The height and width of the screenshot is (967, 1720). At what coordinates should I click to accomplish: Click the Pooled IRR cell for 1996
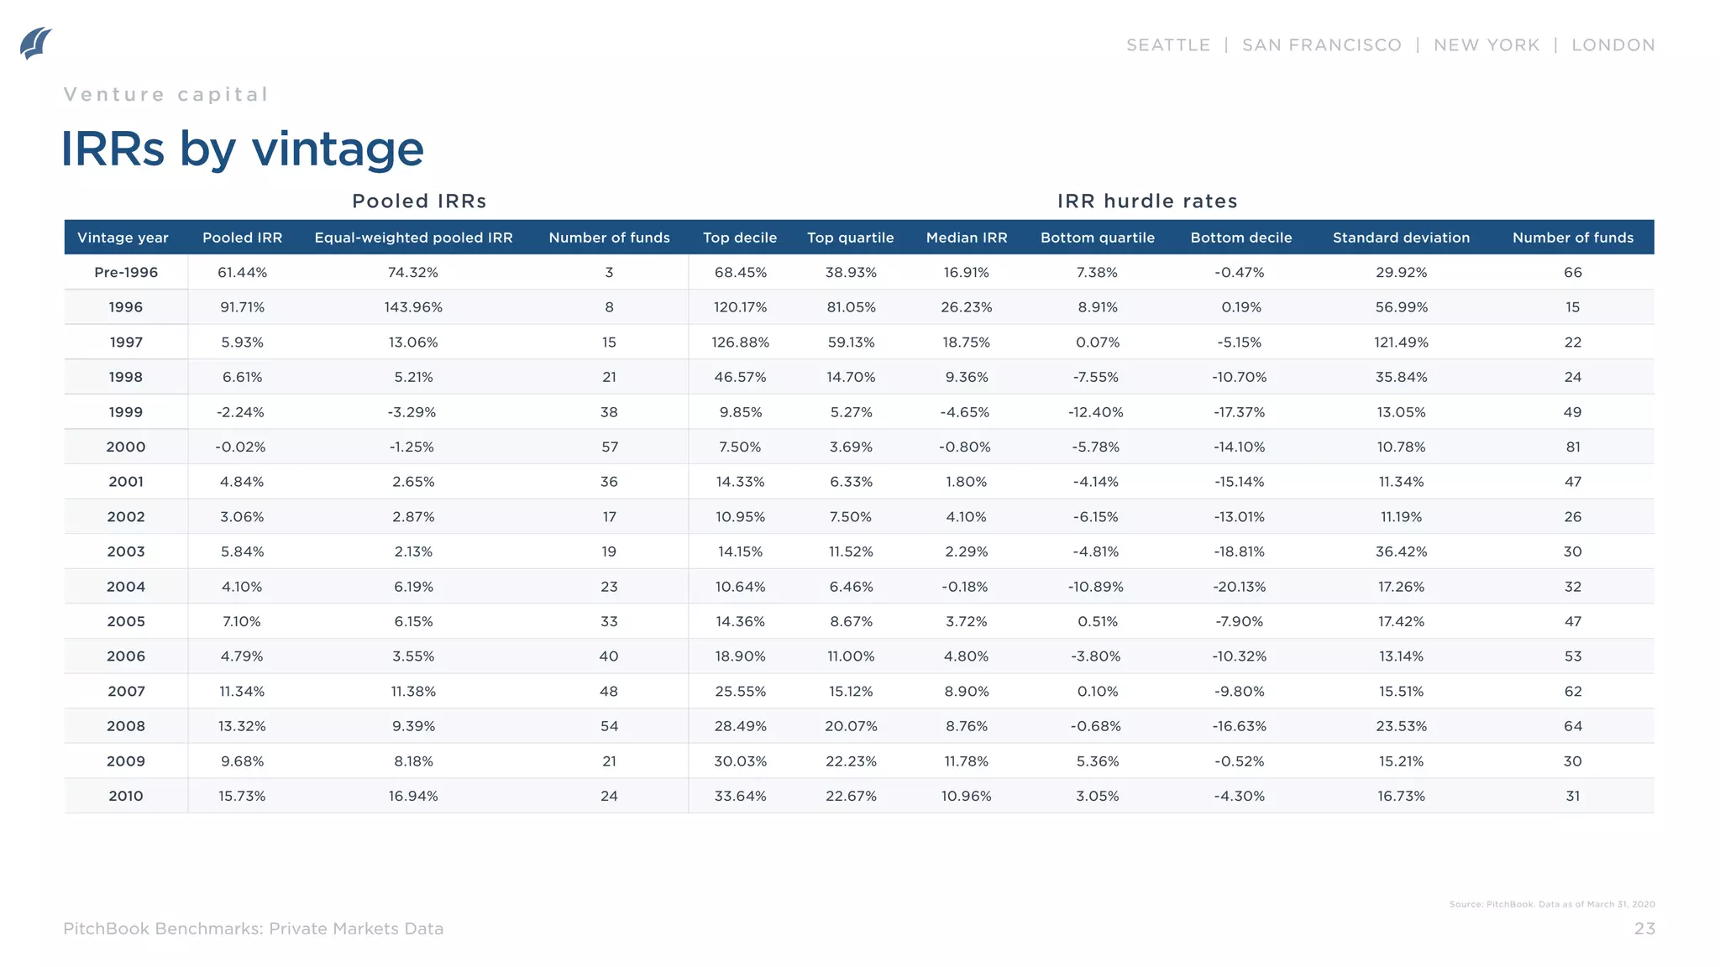coord(242,307)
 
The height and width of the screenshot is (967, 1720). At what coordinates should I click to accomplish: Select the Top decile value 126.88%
coord(740,342)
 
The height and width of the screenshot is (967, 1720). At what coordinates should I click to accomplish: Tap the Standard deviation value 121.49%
coord(1401,342)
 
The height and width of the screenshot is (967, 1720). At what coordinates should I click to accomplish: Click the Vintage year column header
coord(123,238)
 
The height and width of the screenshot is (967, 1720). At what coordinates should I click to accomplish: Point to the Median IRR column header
coord(966,238)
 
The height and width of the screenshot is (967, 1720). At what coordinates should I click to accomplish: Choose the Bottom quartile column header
coord(1097,238)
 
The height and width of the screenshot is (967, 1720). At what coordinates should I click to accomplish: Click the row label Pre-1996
coord(126,272)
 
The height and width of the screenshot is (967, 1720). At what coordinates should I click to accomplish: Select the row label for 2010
coord(126,796)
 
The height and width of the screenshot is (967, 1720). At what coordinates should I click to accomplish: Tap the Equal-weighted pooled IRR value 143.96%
coord(413,307)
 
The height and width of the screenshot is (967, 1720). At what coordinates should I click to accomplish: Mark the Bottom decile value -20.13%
coord(1240,587)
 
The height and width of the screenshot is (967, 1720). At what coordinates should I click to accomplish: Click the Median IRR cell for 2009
coord(966,761)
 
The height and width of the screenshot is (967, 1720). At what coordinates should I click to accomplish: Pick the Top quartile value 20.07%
coord(851,726)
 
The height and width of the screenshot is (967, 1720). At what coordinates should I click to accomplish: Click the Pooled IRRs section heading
coord(419,201)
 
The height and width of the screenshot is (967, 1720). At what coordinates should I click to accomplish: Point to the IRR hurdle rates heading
coord(1147,201)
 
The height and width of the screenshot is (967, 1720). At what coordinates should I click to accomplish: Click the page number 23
coord(1644,928)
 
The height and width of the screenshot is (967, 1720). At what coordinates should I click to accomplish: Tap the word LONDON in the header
coord(1612,45)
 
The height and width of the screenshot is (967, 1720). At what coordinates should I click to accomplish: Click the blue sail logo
coord(36,44)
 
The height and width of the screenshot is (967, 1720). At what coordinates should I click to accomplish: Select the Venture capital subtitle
coord(166,94)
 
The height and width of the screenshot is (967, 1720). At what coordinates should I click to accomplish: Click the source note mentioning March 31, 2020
coord(1551,904)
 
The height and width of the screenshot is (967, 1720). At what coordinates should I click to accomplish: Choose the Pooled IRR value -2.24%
coord(240,412)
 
